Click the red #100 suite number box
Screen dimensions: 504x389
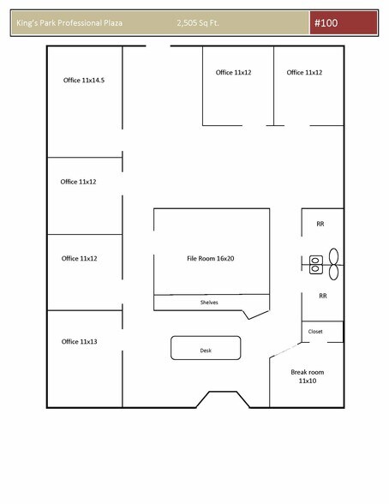coord(344,23)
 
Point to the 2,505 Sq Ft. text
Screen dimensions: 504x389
coord(198,23)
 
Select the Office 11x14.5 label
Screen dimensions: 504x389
coord(84,80)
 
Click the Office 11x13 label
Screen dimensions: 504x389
coord(79,341)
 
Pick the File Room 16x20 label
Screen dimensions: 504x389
coord(211,258)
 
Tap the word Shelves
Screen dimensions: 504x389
coord(209,302)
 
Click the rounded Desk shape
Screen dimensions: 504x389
coord(206,348)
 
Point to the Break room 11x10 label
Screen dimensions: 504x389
coord(307,376)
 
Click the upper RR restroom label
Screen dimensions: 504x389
coord(320,224)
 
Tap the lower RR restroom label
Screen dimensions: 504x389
coord(323,296)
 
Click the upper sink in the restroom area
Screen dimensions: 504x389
coord(314,258)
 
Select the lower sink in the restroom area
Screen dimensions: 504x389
coord(314,269)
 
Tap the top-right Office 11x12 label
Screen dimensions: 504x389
coord(304,73)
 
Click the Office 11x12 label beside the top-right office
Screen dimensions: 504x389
coord(234,73)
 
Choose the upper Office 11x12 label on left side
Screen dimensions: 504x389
coord(79,182)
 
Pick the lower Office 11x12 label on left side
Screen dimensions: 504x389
coord(79,258)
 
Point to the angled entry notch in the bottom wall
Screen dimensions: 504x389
coord(224,399)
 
